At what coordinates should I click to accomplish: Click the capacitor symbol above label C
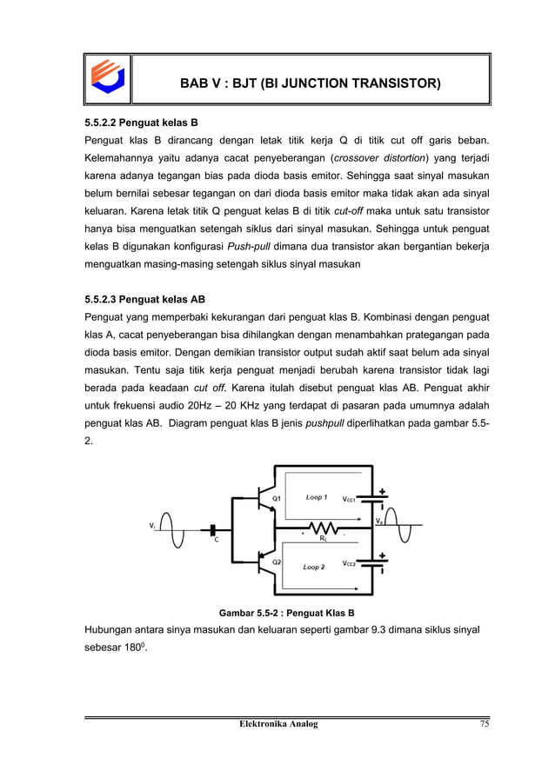213,528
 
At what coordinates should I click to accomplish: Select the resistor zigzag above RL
323,527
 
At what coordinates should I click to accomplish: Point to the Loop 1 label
316,497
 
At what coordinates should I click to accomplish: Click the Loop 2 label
313,567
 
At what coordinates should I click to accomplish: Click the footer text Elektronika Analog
277,724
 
